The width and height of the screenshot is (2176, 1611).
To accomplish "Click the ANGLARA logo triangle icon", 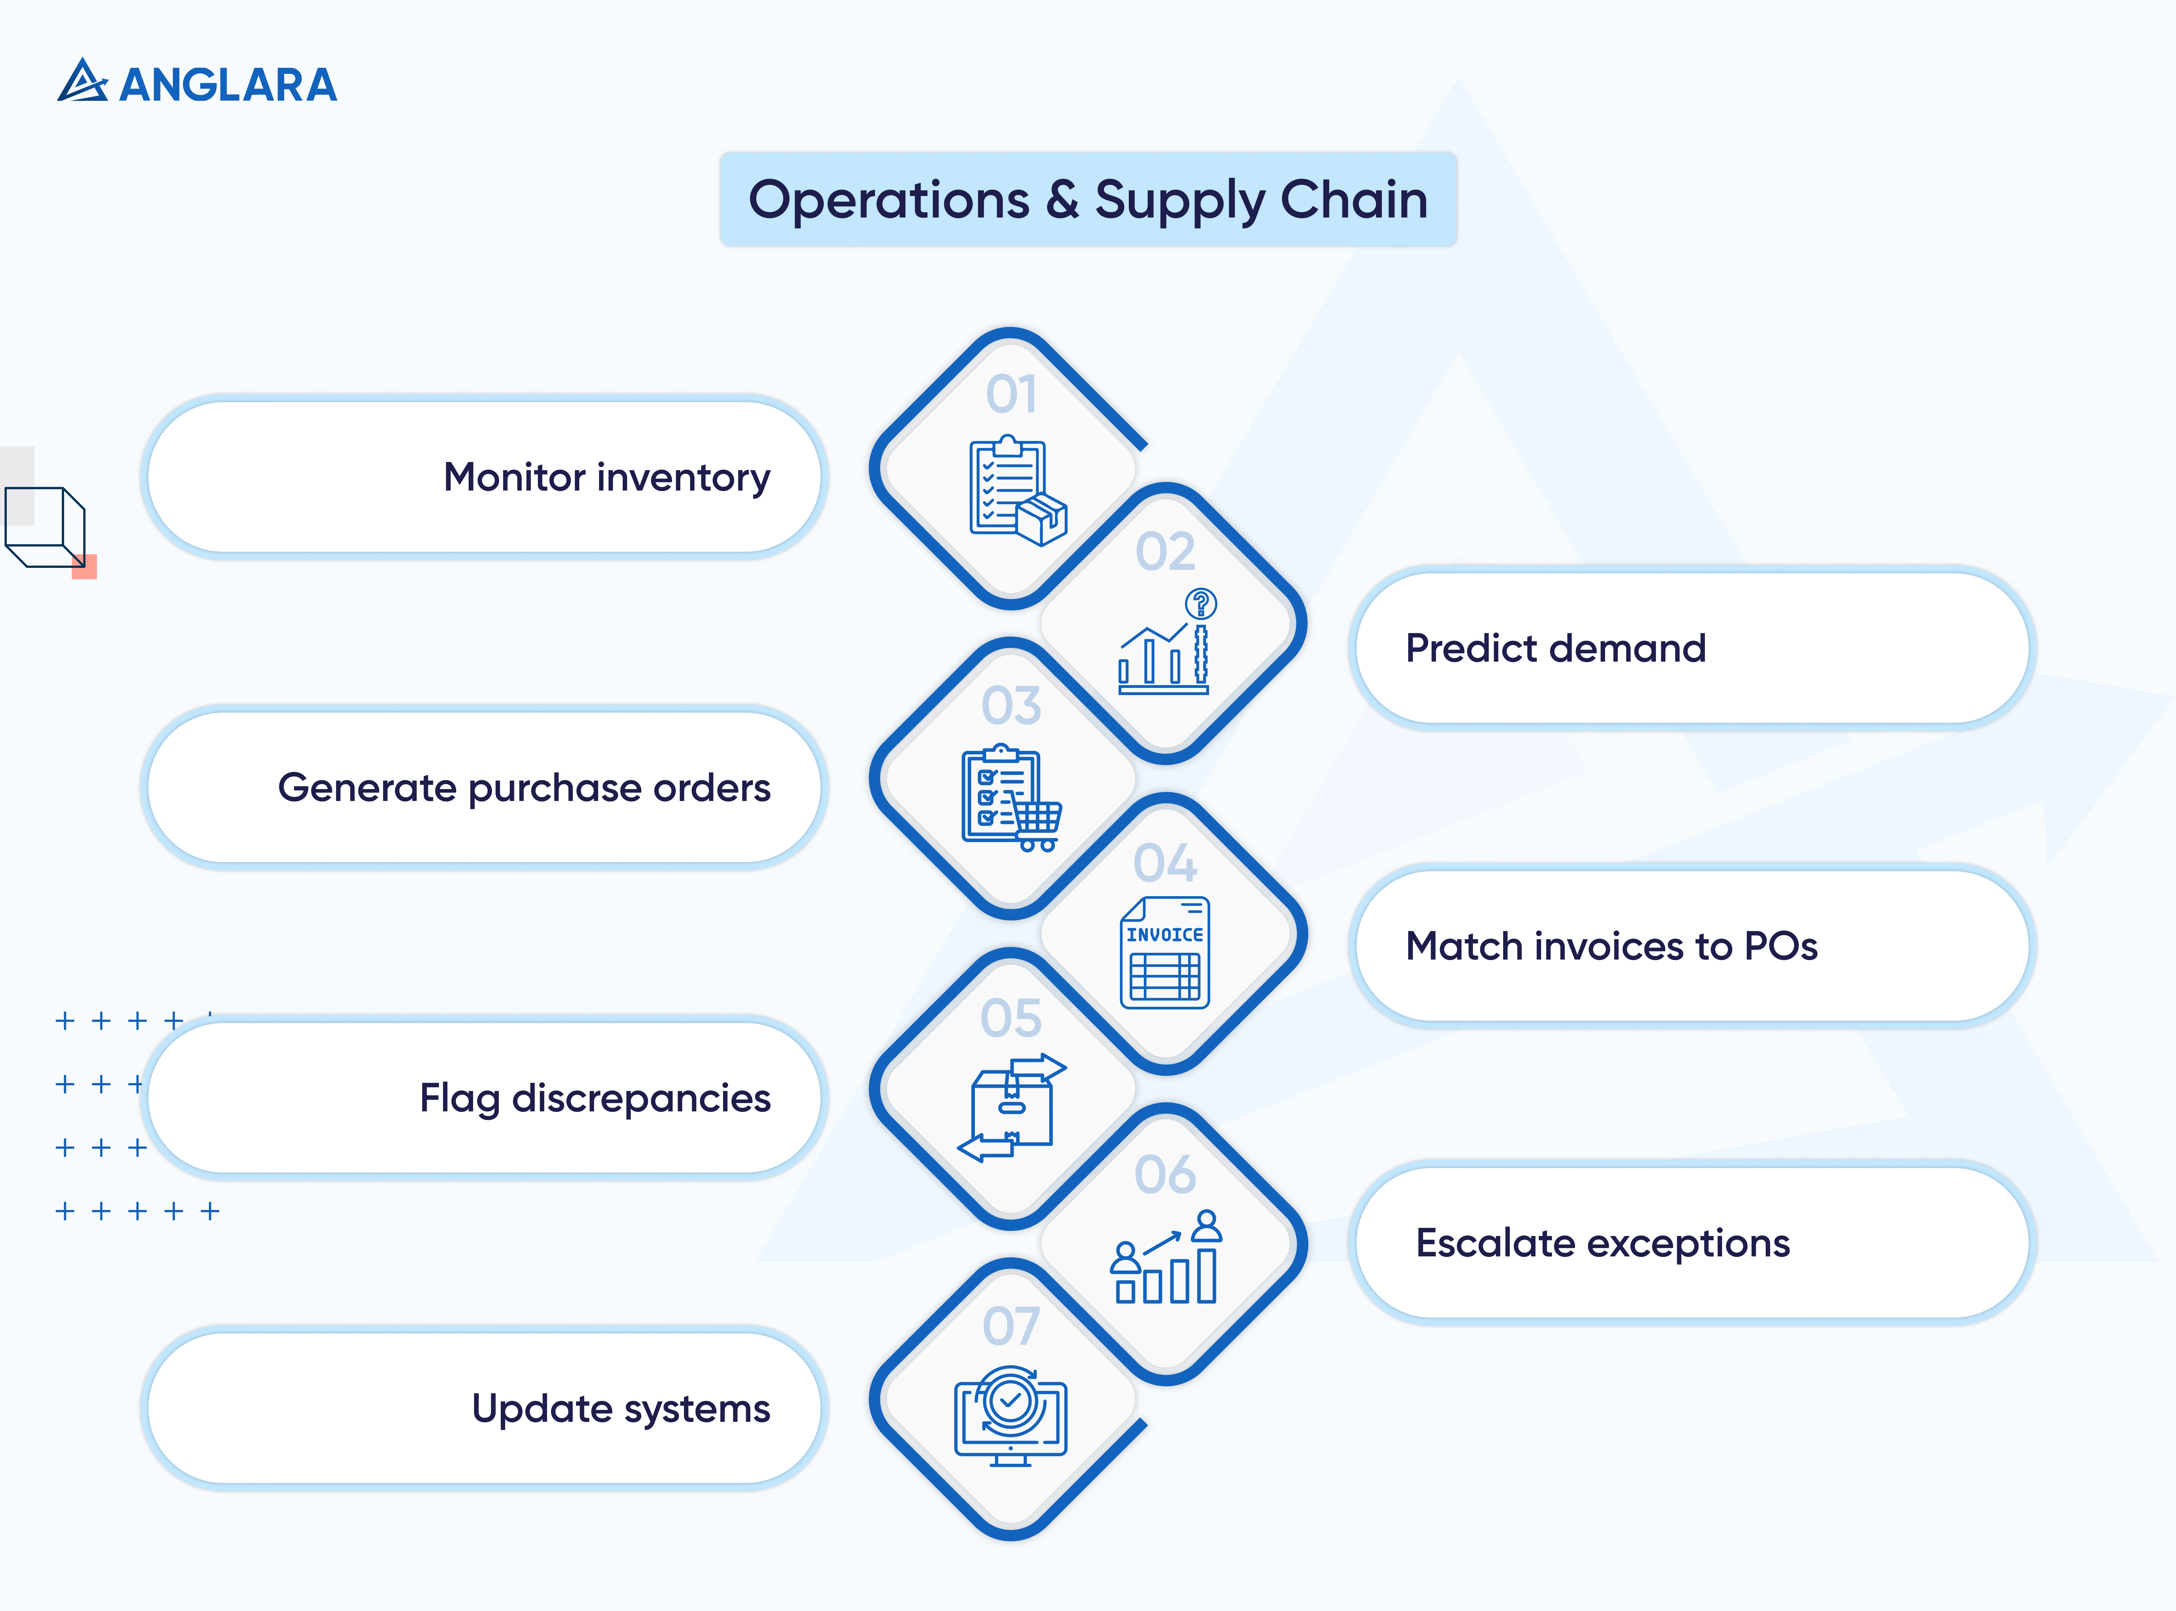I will (83, 82).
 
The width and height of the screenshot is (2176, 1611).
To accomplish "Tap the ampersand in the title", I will (1062, 200).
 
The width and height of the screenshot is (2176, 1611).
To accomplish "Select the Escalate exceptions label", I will (1603, 1243).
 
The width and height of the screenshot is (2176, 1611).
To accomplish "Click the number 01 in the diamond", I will (1011, 395).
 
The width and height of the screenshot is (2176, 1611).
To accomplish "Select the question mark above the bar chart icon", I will (1201, 604).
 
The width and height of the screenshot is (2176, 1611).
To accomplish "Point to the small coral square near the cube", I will (85, 566).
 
